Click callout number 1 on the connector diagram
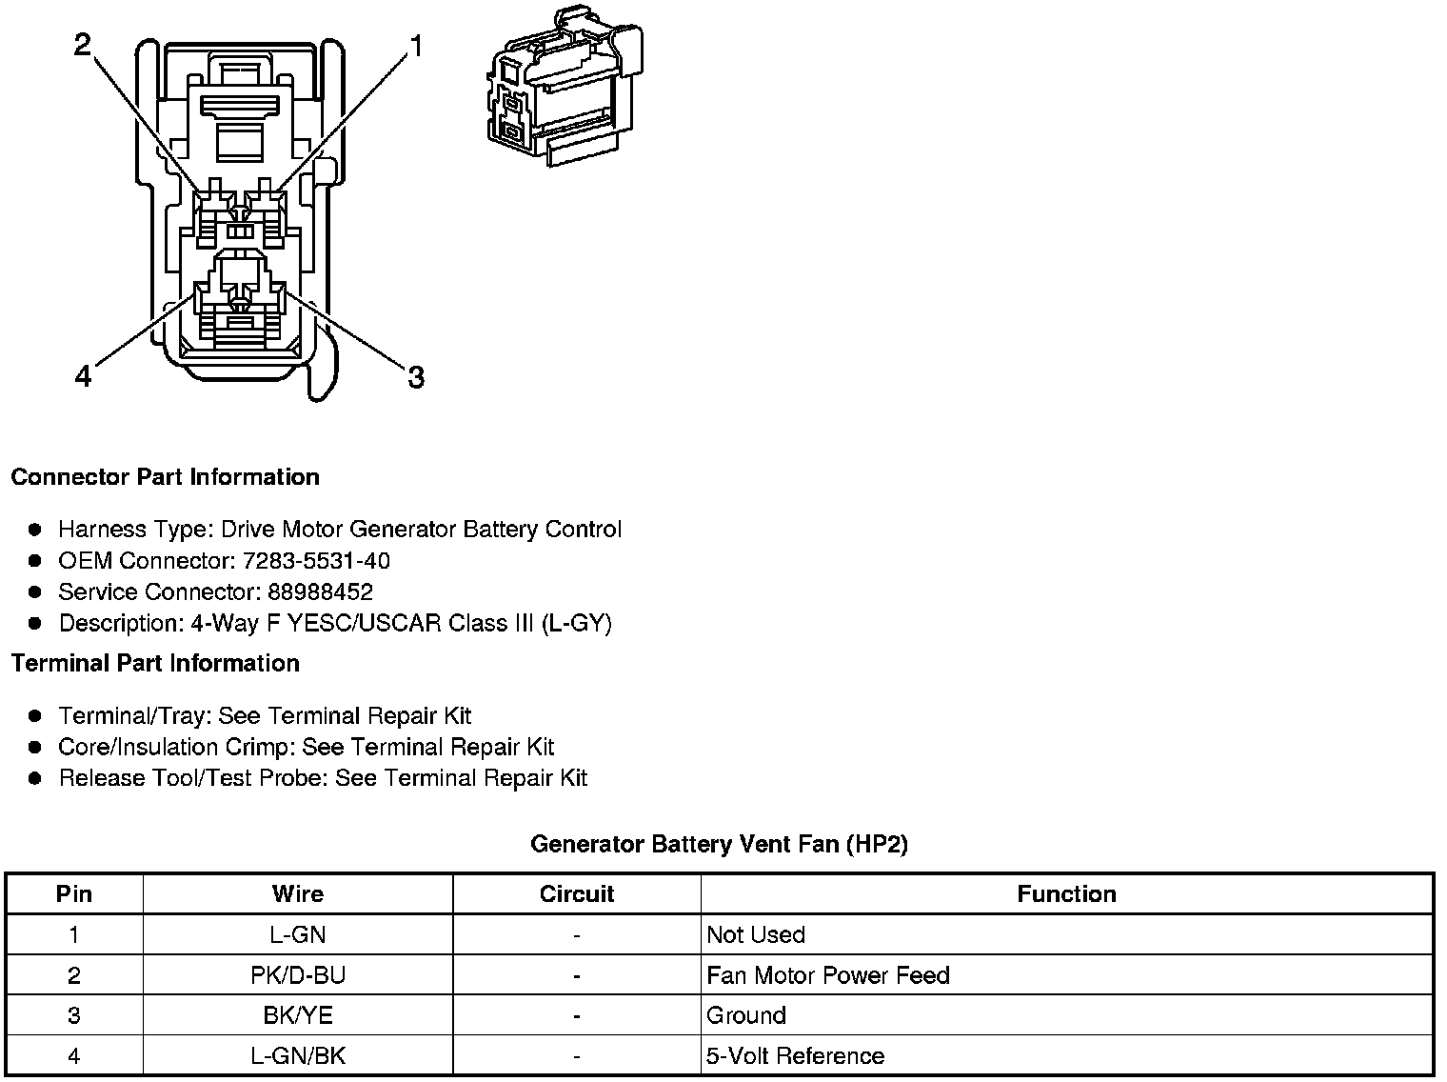click(x=415, y=46)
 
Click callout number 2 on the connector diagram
click(x=84, y=45)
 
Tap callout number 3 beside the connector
click(x=415, y=378)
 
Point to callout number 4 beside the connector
click(x=84, y=378)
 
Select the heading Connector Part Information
click(x=165, y=477)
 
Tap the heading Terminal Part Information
click(x=155, y=664)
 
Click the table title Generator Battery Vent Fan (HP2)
click(x=719, y=844)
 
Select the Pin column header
click(x=74, y=894)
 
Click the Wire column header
click(x=297, y=894)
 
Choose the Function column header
click(x=1066, y=894)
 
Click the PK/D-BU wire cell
click(x=297, y=975)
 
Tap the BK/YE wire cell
click(x=297, y=1015)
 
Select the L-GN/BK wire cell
click(x=297, y=1056)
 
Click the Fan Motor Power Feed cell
click(x=827, y=975)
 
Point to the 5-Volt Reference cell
click(x=795, y=1056)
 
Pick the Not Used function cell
click(x=756, y=935)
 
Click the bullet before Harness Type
click(x=35, y=530)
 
